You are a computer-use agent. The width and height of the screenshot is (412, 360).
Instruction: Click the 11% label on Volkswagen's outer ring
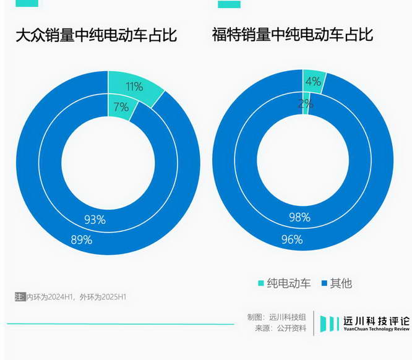[x=134, y=87]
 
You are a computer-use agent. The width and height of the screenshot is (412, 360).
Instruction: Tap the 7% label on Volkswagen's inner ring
[x=121, y=107]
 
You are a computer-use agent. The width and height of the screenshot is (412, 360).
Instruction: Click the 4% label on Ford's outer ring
[x=314, y=82]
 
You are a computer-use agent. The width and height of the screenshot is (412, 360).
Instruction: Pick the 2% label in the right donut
[x=305, y=103]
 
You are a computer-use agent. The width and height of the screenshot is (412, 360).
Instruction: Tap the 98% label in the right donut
[x=299, y=216]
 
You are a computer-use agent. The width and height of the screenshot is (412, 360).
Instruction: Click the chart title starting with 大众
[x=97, y=35]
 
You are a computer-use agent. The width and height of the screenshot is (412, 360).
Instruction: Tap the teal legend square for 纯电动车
[x=260, y=283]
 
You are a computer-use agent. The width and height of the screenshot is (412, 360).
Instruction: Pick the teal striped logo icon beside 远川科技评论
[x=330, y=324]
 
